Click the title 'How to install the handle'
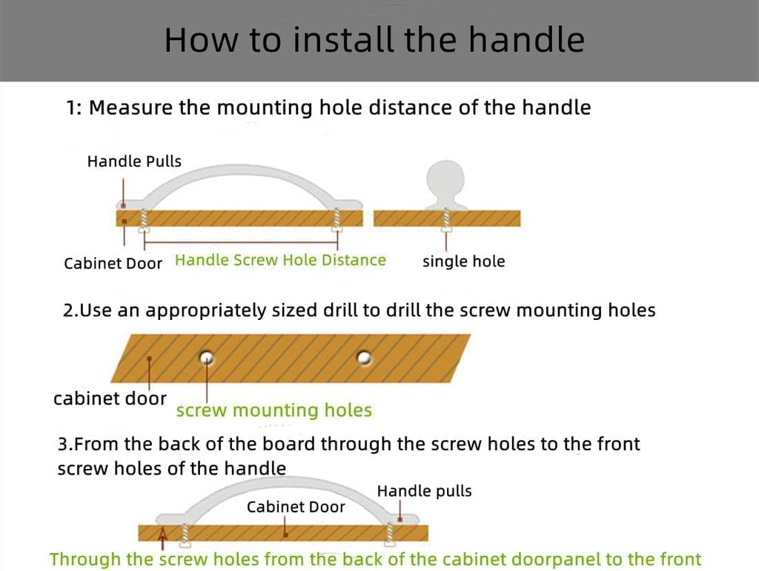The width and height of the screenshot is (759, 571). tap(374, 40)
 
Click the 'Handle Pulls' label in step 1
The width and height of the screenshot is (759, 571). tap(134, 161)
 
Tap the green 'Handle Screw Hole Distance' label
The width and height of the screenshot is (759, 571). tap(280, 260)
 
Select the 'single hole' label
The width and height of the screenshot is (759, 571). tap(464, 261)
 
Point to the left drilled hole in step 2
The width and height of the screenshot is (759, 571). tap(207, 358)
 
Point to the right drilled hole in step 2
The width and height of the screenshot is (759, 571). tap(364, 358)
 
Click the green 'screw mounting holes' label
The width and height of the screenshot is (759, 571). tap(274, 410)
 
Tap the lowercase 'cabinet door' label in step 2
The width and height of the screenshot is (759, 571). tap(110, 399)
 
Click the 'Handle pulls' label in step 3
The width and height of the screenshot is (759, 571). tap(424, 491)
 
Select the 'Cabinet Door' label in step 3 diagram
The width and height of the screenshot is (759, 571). tap(296, 507)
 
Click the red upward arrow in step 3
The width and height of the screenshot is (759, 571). tap(163, 538)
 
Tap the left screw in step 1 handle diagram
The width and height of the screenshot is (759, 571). tap(144, 221)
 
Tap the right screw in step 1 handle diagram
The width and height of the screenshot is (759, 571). tap(337, 220)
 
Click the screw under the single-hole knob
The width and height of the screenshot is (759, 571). tap(446, 221)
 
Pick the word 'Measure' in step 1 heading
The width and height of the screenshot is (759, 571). tap(130, 107)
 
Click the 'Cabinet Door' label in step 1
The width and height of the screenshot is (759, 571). tap(113, 264)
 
